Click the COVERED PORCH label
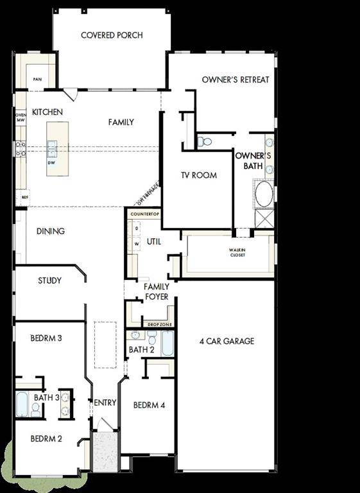(112, 35)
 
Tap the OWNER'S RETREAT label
(236, 80)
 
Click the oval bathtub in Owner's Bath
(264, 193)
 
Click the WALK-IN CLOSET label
(237, 252)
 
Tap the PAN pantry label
(38, 80)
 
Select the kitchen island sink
(51, 149)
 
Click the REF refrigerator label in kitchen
(24, 198)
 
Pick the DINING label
(51, 231)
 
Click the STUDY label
(49, 281)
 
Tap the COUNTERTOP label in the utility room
(144, 213)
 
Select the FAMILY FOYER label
(156, 292)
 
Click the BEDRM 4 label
(150, 405)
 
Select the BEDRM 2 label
(46, 439)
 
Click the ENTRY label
(105, 402)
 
